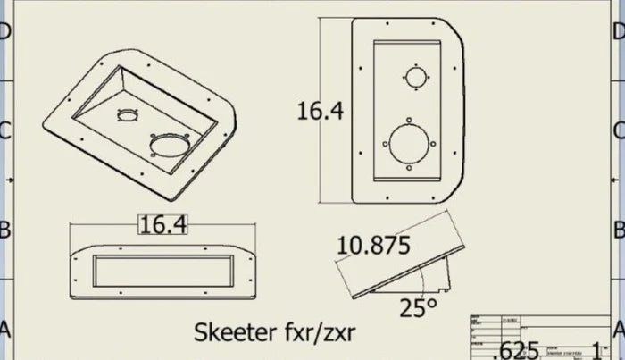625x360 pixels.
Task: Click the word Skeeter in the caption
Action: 235,332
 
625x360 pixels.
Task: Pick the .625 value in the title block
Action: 518,349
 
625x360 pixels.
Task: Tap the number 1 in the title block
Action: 597,349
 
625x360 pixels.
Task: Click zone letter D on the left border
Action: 5,31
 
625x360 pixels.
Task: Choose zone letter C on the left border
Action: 5,131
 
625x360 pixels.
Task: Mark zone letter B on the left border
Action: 5,230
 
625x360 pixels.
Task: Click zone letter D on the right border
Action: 619,31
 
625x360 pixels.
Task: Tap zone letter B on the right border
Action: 619,230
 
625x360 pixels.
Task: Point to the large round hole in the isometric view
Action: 171,145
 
